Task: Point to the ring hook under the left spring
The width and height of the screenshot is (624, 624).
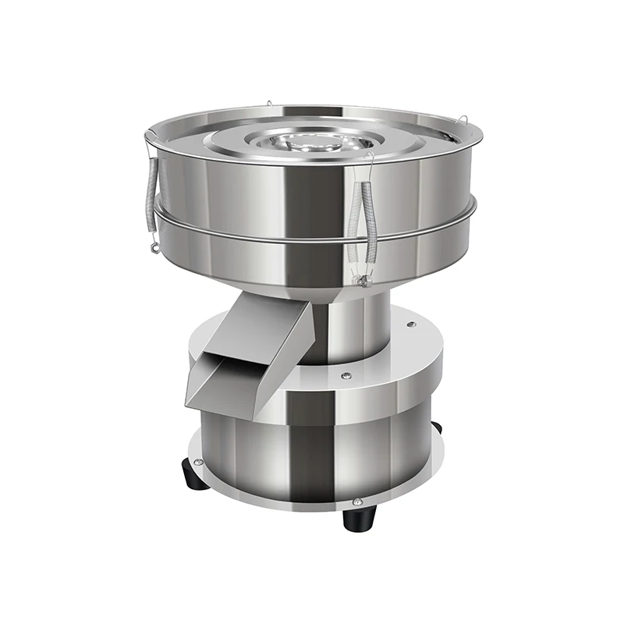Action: coord(154,248)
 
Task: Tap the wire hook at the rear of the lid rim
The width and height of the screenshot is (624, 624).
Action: coord(268,103)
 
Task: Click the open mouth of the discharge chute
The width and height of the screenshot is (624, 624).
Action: coord(226,383)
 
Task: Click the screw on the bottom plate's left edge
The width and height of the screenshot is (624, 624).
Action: coord(200,462)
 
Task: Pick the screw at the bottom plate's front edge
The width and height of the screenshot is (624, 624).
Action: coord(357,502)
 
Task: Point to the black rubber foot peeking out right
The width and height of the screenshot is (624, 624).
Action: coord(436,427)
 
